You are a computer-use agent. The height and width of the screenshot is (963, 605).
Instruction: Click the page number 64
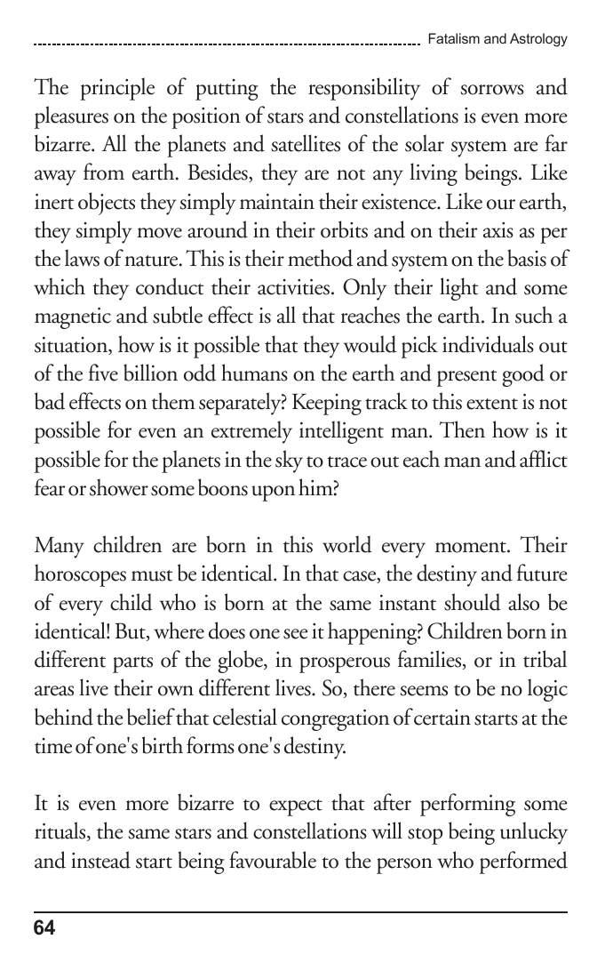tap(44, 928)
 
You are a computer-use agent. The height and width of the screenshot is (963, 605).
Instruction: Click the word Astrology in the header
tap(538, 39)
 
